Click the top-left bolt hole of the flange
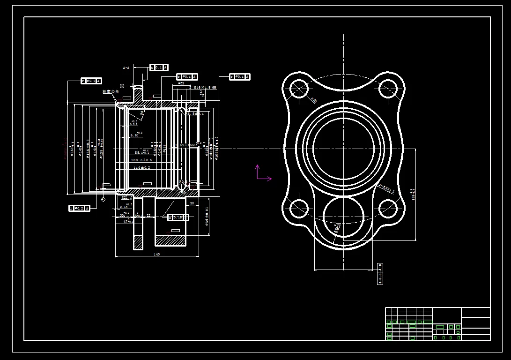click(x=298, y=88)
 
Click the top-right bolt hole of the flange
click(x=388, y=88)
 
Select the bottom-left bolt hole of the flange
click(x=298, y=209)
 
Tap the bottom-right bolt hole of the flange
click(x=388, y=209)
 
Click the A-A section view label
click(x=126, y=68)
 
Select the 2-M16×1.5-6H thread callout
click(x=202, y=88)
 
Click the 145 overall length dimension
click(x=157, y=254)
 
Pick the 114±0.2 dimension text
click(x=142, y=167)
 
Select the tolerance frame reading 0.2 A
click(x=79, y=208)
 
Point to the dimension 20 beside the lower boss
click(x=192, y=203)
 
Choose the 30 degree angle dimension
click(x=142, y=112)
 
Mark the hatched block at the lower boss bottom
click(x=170, y=240)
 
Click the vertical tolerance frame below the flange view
click(x=380, y=274)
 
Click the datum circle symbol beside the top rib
click(x=122, y=86)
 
